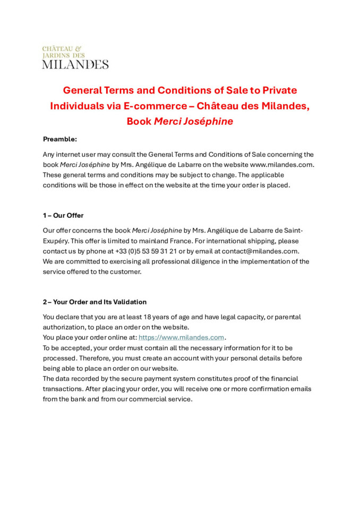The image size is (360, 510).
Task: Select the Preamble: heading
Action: (x=60, y=139)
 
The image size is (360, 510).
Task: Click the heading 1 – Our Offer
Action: (x=63, y=216)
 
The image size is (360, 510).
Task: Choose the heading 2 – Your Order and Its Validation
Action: (x=95, y=302)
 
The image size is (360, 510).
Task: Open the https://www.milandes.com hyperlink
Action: (x=181, y=337)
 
